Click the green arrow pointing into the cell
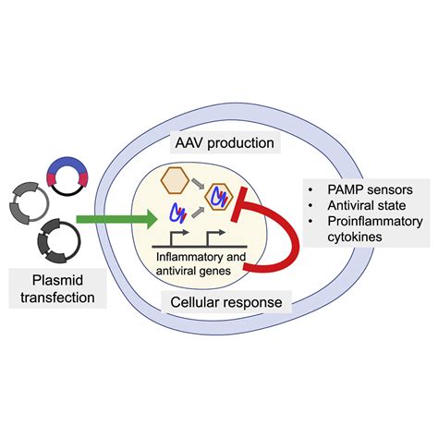tap(116, 218)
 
